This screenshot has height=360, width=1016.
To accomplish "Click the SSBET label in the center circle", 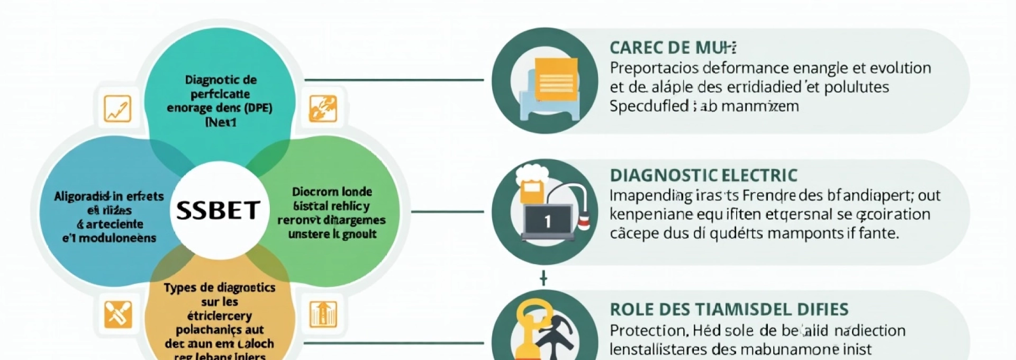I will point(218,210).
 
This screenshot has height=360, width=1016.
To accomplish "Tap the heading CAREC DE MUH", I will point(673,48).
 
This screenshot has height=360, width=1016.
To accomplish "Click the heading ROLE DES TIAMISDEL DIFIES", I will point(729,309).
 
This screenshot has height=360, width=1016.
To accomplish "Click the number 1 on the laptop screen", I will point(548,221).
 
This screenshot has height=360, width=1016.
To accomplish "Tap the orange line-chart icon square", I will point(117,109).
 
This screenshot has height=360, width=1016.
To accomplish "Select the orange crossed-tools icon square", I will point(117,314).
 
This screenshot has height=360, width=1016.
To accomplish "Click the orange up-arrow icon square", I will point(323,314).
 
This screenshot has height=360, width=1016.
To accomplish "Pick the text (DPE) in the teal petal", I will point(258,108).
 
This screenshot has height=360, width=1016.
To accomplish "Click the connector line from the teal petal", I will point(394,80).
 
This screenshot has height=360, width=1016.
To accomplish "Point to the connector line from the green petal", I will point(447,212).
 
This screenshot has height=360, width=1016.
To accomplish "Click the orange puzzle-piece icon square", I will point(323,109).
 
